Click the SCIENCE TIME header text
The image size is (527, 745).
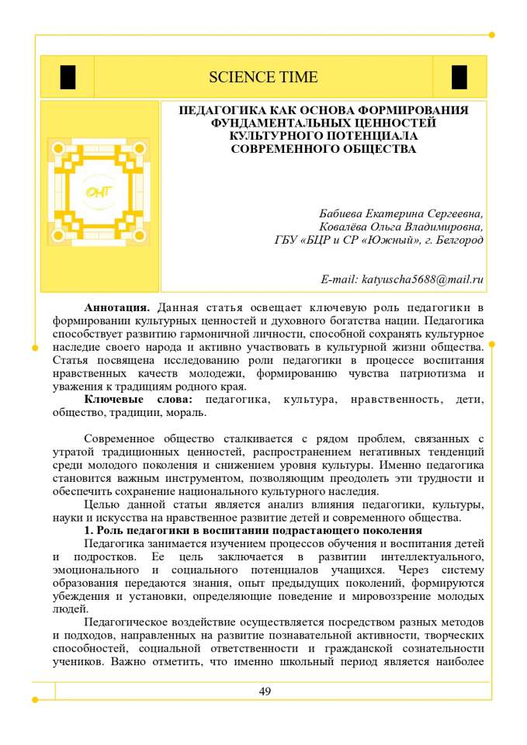pos(263,77)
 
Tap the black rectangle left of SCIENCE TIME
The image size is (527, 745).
pos(68,77)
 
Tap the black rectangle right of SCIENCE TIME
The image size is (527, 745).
pos(459,77)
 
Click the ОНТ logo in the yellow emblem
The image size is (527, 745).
pos(99,192)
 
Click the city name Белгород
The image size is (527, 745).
pos(458,240)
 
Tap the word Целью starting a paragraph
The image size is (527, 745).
pos(101,504)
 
